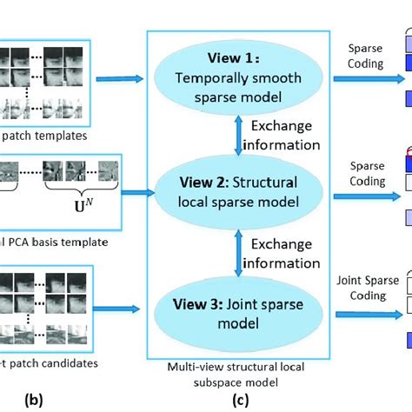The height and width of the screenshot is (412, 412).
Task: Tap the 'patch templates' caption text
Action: coord(44,136)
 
